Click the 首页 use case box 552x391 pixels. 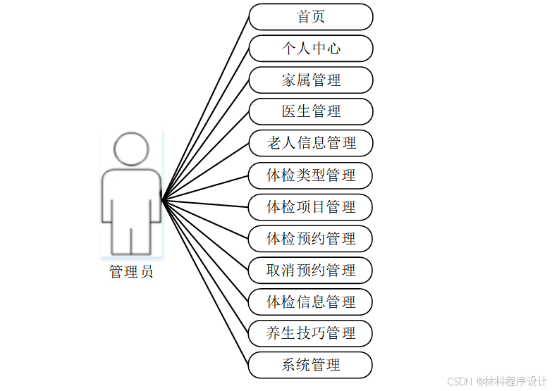(x=311, y=17)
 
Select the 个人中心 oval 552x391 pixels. (x=311, y=49)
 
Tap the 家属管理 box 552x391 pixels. (x=311, y=80)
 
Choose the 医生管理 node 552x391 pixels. (x=311, y=111)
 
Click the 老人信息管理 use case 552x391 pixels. (x=311, y=143)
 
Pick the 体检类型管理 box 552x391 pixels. (x=311, y=175)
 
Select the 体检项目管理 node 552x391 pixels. (x=311, y=207)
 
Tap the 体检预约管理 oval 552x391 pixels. (x=311, y=239)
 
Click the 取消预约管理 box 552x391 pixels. (x=311, y=271)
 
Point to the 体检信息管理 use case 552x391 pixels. (x=311, y=302)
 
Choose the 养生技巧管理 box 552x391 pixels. (x=311, y=333)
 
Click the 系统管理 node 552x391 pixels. (x=311, y=365)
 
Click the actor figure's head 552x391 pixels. (x=131, y=149)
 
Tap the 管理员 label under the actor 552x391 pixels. (x=131, y=272)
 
